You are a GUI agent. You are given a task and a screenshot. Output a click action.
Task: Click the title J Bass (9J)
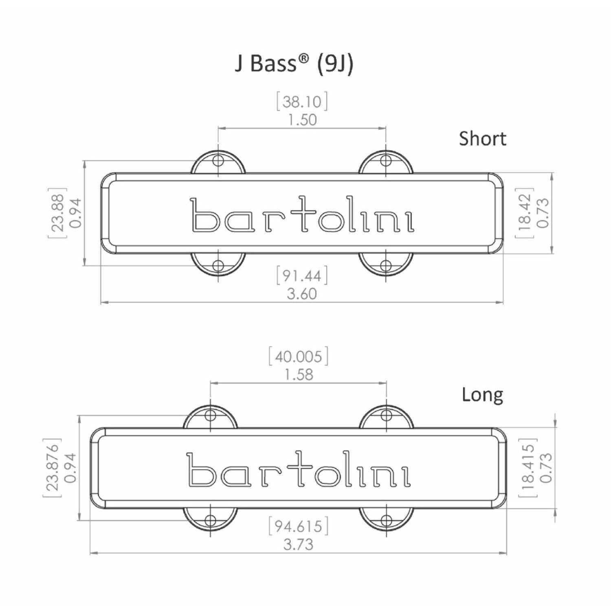294,64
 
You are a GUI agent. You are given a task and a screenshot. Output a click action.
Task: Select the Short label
482,139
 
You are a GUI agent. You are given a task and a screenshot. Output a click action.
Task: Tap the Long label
482,394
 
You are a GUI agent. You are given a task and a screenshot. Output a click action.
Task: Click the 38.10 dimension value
302,101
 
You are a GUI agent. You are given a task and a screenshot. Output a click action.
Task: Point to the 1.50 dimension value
302,120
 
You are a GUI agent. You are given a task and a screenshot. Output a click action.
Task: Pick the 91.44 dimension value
302,276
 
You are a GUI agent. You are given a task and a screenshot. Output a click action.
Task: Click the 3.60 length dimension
302,294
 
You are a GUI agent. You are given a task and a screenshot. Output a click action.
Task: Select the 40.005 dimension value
299,357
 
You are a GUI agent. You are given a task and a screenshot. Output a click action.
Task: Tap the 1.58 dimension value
299,374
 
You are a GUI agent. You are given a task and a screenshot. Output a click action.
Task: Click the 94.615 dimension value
299,527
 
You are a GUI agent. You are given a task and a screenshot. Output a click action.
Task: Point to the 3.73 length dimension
299,544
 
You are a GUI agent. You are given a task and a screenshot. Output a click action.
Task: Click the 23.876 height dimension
52,468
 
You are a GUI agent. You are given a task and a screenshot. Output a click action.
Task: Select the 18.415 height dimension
528,468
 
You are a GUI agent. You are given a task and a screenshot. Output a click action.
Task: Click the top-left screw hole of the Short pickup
219,160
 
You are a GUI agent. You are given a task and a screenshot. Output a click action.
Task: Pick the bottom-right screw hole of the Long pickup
386,520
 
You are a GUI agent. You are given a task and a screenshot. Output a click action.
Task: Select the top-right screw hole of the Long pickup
386,415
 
